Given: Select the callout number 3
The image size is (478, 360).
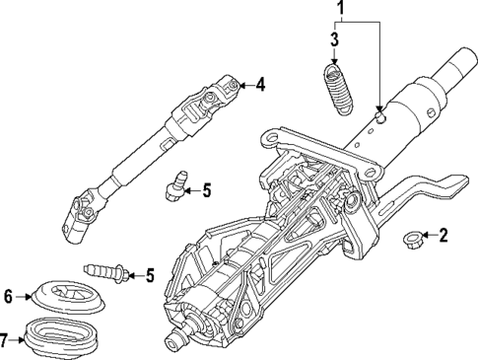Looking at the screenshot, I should tap(335, 40).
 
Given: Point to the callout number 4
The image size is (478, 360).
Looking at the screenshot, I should tap(260, 85).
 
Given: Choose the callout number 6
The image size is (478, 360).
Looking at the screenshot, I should tap(8, 295).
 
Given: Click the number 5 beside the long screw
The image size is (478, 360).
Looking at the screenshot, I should tap(150, 275).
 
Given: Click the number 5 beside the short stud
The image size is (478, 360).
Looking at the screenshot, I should tap(206, 189).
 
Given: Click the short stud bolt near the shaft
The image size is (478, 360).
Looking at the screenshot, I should tap(173, 185).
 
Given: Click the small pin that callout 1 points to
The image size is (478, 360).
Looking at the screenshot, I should tap(380, 116).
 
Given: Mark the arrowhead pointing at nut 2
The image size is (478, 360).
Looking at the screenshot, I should tap(426, 236).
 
